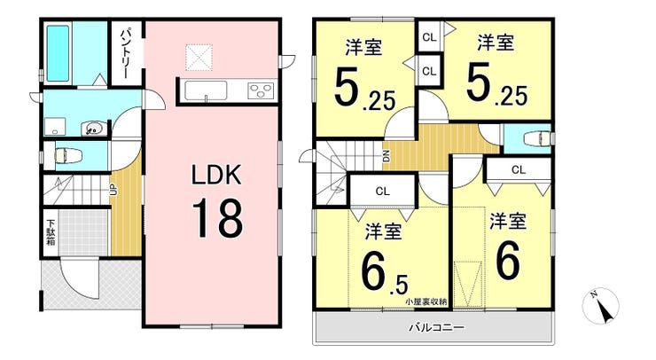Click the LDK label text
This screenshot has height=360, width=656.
point(216,175)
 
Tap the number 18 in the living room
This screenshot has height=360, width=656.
point(217,218)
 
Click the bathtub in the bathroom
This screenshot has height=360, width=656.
point(58,53)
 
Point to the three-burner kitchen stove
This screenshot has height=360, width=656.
point(261,90)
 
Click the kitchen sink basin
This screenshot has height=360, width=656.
point(206,90)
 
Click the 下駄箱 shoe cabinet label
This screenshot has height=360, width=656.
point(51,232)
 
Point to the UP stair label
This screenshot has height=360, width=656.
point(113,190)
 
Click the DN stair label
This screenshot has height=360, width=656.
point(387,156)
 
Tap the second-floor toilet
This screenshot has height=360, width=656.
point(536,139)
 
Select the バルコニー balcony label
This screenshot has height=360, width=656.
point(436,326)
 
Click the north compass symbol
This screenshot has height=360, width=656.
point(600,306)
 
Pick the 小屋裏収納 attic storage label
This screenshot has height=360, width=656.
point(426,301)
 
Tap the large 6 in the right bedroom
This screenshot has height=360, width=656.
point(508,260)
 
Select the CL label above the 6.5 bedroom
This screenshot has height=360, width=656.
point(382,192)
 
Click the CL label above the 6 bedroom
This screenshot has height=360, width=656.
point(519,169)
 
